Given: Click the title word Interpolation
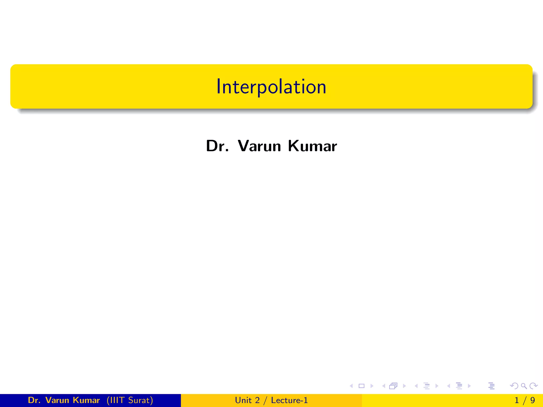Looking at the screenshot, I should click(x=271, y=87).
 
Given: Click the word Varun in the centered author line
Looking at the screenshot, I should click(x=259, y=146).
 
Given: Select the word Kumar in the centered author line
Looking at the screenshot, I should click(x=312, y=146).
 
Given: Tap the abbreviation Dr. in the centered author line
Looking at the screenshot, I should click(x=217, y=146).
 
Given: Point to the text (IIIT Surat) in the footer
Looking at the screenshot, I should click(x=130, y=400).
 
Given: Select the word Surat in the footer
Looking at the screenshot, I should click(x=139, y=400).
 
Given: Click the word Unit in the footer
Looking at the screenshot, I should click(x=243, y=400).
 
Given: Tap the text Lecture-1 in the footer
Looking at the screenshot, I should click(x=289, y=400).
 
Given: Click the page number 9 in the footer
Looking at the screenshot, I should click(x=532, y=400).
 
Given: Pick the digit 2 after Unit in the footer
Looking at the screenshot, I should click(x=257, y=400).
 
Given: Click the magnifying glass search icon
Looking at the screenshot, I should click(x=524, y=386).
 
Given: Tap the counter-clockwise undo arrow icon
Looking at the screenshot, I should click(x=514, y=386).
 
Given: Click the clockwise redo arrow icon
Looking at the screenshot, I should click(x=533, y=386).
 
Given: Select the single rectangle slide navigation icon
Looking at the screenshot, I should click(x=361, y=386).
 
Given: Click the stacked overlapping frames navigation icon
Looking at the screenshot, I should click(x=393, y=386).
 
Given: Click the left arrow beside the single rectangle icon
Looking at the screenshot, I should click(x=351, y=386).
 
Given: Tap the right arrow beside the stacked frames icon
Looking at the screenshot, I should click(x=404, y=386).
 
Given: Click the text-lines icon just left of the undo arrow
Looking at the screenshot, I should click(x=491, y=386).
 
